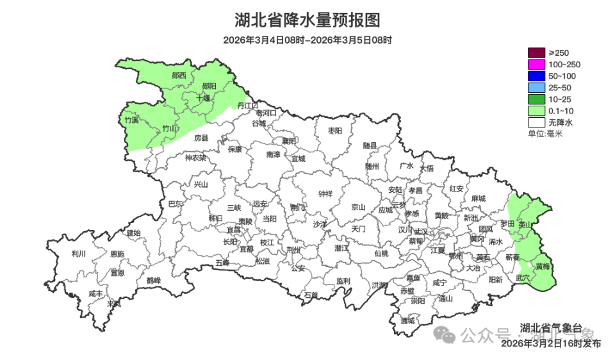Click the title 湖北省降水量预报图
(x=307, y=20)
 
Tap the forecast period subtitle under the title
(x=307, y=40)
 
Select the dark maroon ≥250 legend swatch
(x=536, y=53)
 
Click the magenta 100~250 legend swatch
(x=536, y=64)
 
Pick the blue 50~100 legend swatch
(x=536, y=76)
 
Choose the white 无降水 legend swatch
(x=536, y=122)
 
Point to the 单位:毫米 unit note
(x=545, y=134)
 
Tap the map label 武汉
(x=421, y=231)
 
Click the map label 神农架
(x=195, y=158)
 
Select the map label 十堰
(x=203, y=98)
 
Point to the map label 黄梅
(x=543, y=266)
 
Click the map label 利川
(x=79, y=254)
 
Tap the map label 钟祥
(x=325, y=194)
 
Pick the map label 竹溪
(x=131, y=120)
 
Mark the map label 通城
(x=407, y=320)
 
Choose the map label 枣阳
(x=335, y=131)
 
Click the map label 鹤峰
(x=154, y=280)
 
